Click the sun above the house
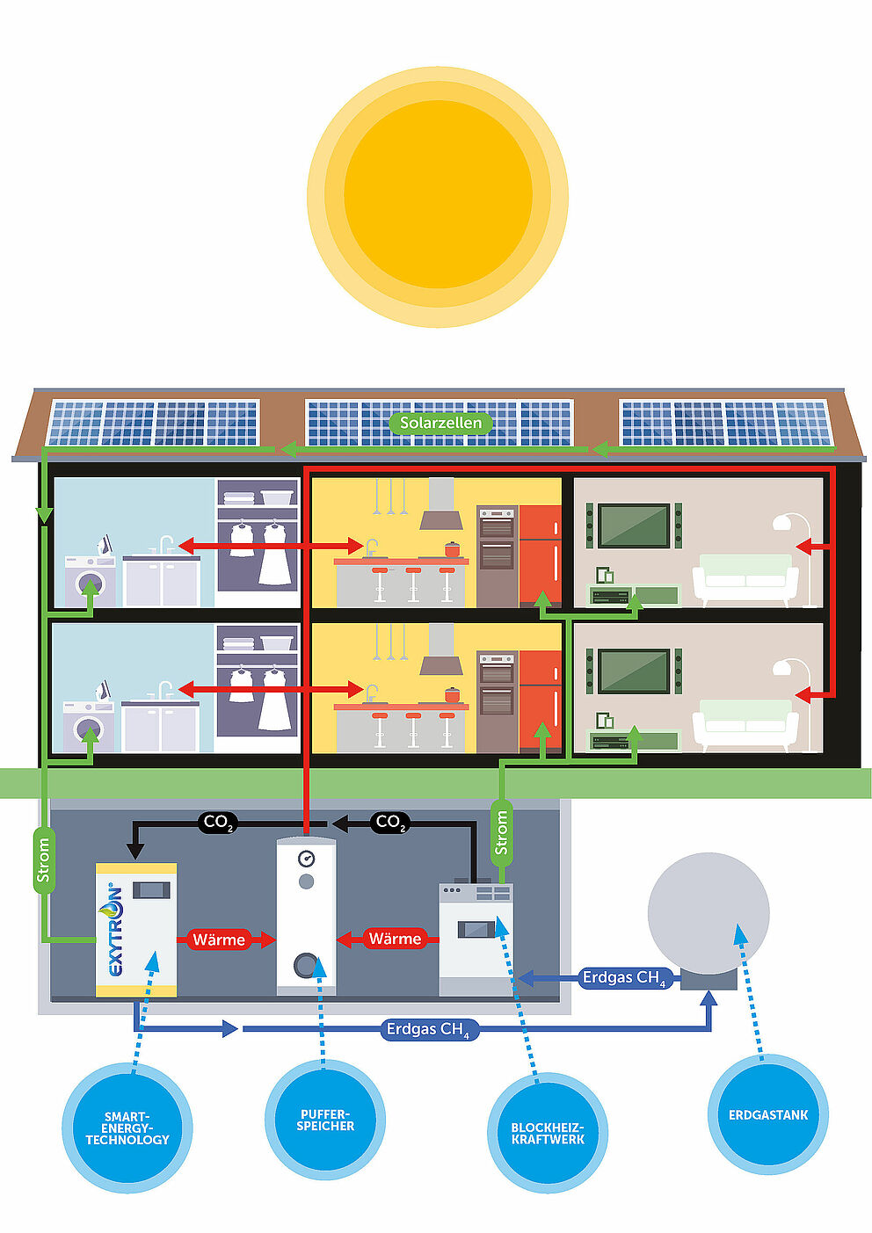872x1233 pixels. click(438, 197)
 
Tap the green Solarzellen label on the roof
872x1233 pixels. click(440, 424)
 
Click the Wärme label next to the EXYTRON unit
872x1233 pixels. click(219, 939)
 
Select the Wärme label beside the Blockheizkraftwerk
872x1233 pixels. click(396, 939)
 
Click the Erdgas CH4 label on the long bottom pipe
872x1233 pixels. click(429, 1029)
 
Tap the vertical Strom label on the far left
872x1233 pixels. click(42, 859)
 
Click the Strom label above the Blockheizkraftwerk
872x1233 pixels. click(501, 833)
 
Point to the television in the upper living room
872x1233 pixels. click(634, 526)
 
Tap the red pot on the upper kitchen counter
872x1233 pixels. click(452, 549)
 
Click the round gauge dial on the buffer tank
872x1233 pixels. click(306, 858)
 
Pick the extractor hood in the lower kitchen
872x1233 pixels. click(441, 650)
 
